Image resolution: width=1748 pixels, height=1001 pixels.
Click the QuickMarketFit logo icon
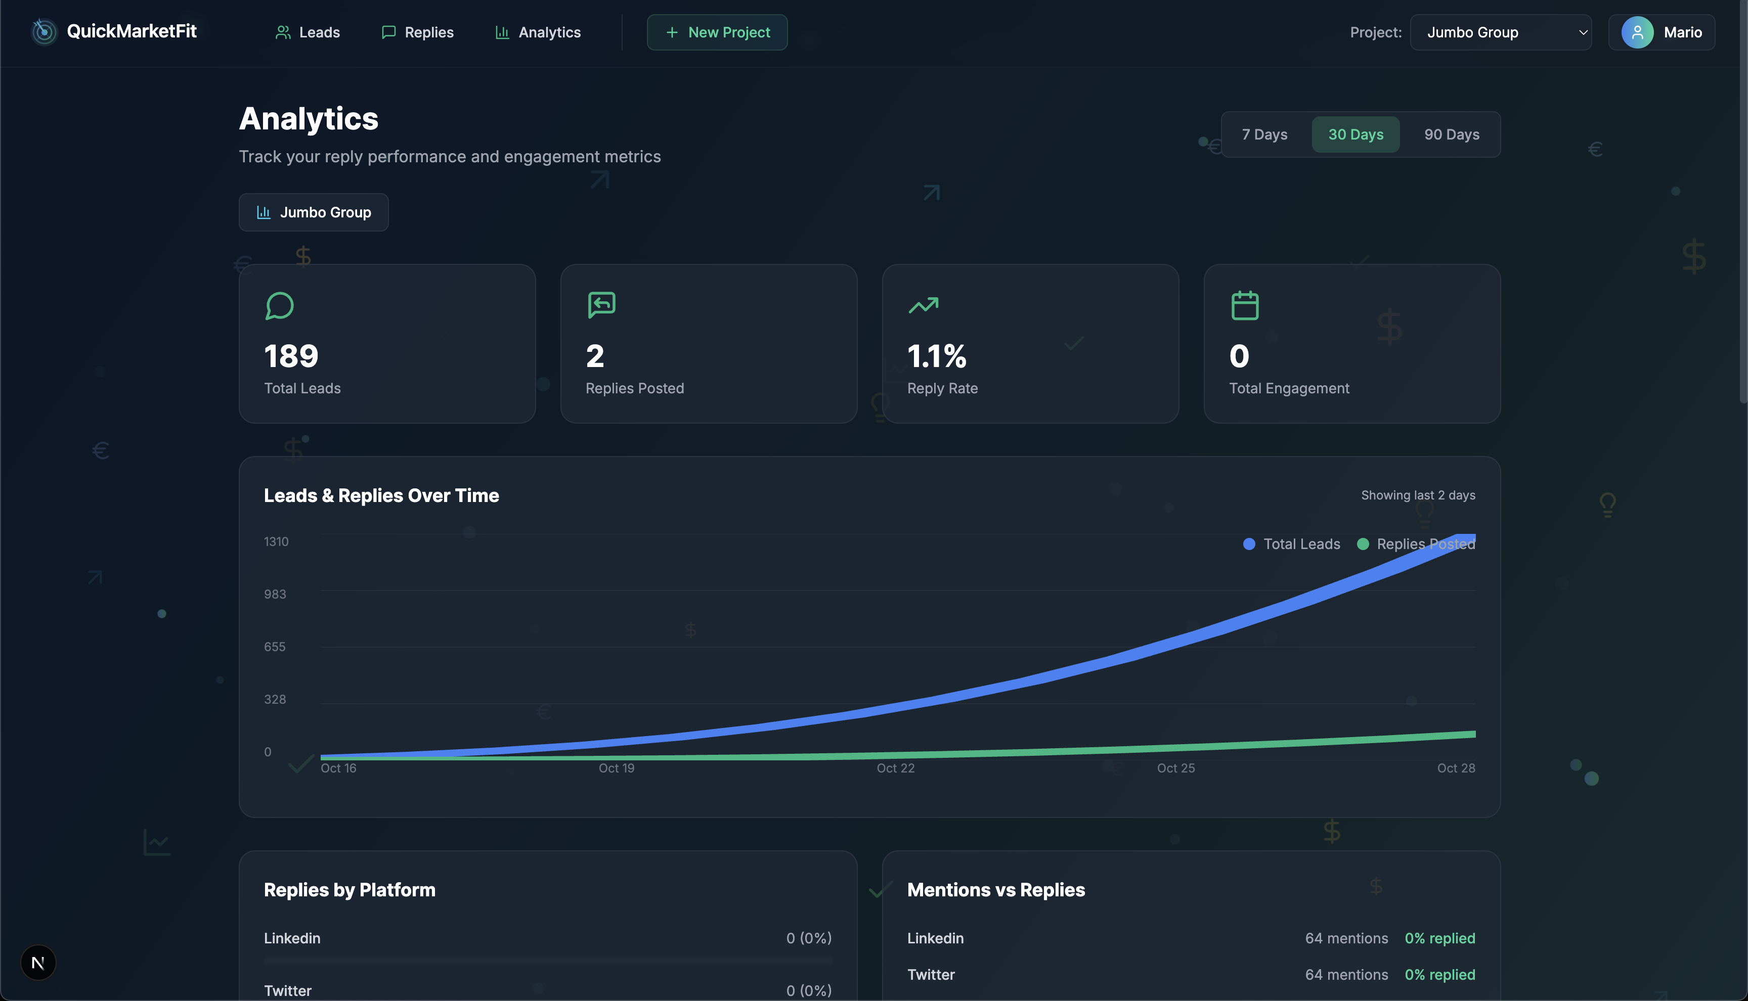(44, 32)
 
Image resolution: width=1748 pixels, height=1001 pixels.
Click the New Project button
(717, 32)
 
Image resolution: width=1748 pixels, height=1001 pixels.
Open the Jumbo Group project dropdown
(1501, 32)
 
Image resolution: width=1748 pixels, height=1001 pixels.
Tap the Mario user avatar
(1637, 32)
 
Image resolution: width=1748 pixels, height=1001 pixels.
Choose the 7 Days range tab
(1264, 135)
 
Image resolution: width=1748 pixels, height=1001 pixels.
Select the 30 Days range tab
(1356, 135)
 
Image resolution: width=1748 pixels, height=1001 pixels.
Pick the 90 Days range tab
(1452, 135)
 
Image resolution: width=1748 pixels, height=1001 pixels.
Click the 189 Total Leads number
(291, 356)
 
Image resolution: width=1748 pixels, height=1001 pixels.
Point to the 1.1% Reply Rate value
(937, 356)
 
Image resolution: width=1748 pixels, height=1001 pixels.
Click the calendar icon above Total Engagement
(1245, 306)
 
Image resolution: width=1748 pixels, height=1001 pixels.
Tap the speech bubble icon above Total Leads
(279, 306)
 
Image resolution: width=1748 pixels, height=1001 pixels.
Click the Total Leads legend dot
(1249, 544)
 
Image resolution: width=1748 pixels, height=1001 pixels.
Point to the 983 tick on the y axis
(275, 594)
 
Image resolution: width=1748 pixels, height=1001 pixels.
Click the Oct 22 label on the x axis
(895, 768)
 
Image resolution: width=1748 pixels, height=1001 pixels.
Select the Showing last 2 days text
(1418, 495)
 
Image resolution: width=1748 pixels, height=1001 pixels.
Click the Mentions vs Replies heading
(996, 890)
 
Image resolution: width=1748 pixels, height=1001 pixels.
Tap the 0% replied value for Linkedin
(1439, 938)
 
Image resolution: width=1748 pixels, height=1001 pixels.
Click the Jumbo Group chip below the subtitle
(314, 212)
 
